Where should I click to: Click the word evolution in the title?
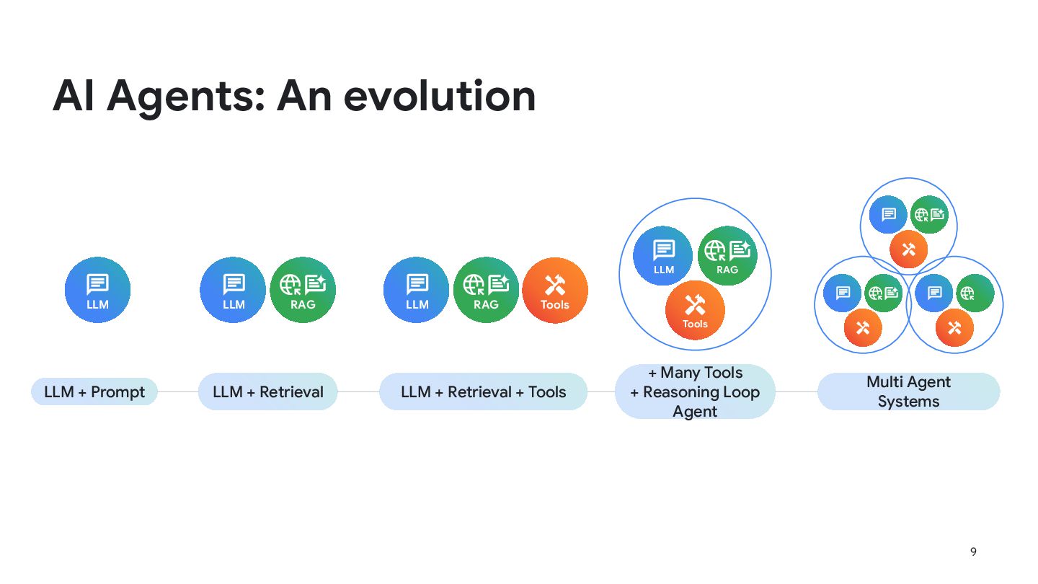tap(439, 96)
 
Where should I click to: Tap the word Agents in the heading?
tap(185, 98)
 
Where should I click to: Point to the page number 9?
tap(973, 552)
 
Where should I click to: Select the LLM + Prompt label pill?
tap(94, 391)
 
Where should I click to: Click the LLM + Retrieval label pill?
tap(268, 391)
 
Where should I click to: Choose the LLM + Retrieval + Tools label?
tap(483, 391)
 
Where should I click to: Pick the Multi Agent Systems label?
tap(909, 391)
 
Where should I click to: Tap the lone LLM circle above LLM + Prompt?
tap(97, 290)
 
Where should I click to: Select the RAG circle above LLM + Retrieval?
tap(303, 290)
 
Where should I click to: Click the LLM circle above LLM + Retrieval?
tap(233, 290)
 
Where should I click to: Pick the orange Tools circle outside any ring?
tap(555, 290)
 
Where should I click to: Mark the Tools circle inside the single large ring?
tap(695, 310)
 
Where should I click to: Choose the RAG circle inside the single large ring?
tap(727, 256)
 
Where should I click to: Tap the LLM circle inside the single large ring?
tap(663, 256)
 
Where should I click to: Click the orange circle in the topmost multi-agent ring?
tap(909, 249)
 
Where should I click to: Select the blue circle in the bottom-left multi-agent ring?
tap(843, 293)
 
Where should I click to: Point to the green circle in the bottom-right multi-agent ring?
tap(975, 293)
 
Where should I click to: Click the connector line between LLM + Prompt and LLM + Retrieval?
tap(179, 391)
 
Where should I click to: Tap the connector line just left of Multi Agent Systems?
tap(797, 391)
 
